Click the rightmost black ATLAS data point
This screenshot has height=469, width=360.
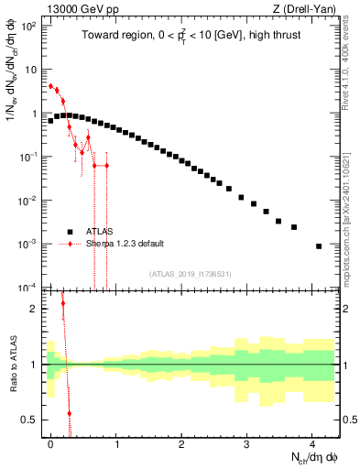[318, 245]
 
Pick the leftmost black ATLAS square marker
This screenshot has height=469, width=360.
[50, 120]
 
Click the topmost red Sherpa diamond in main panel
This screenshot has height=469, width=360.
[50, 86]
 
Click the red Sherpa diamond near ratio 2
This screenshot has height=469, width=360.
[63, 303]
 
